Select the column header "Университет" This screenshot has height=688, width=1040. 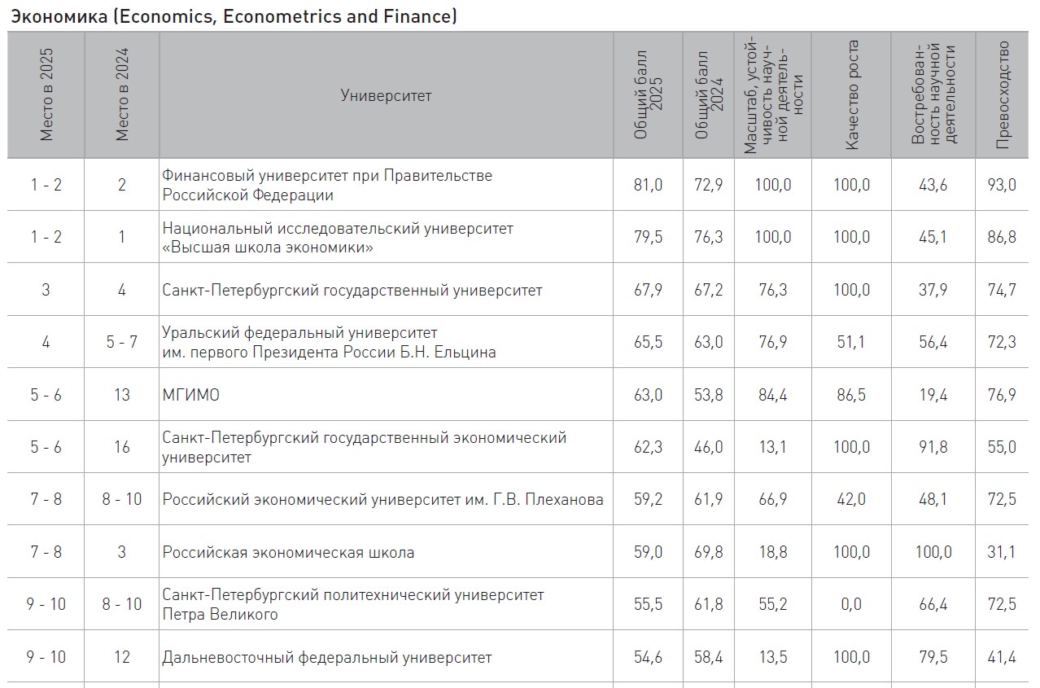(386, 96)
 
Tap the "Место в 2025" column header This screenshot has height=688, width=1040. (46, 94)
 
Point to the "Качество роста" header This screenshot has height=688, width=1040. (851, 94)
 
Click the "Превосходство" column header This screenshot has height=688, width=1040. (1003, 94)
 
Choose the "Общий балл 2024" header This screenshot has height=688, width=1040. (709, 94)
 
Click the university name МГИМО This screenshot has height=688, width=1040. (190, 395)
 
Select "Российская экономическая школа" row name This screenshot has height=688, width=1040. (288, 552)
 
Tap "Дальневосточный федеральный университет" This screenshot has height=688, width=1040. (327, 657)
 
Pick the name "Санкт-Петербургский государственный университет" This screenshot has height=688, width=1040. (352, 291)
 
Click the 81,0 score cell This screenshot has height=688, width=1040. (648, 185)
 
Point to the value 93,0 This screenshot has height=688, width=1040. (1002, 185)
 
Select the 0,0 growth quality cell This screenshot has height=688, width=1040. (851, 604)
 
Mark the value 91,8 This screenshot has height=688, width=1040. (933, 447)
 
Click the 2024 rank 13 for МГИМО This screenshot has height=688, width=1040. (121, 395)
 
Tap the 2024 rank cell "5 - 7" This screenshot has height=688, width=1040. (121, 342)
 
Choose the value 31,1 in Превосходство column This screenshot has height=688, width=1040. (1002, 552)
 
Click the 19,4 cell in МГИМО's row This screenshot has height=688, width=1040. (933, 395)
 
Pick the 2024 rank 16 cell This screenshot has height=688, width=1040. (121, 447)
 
